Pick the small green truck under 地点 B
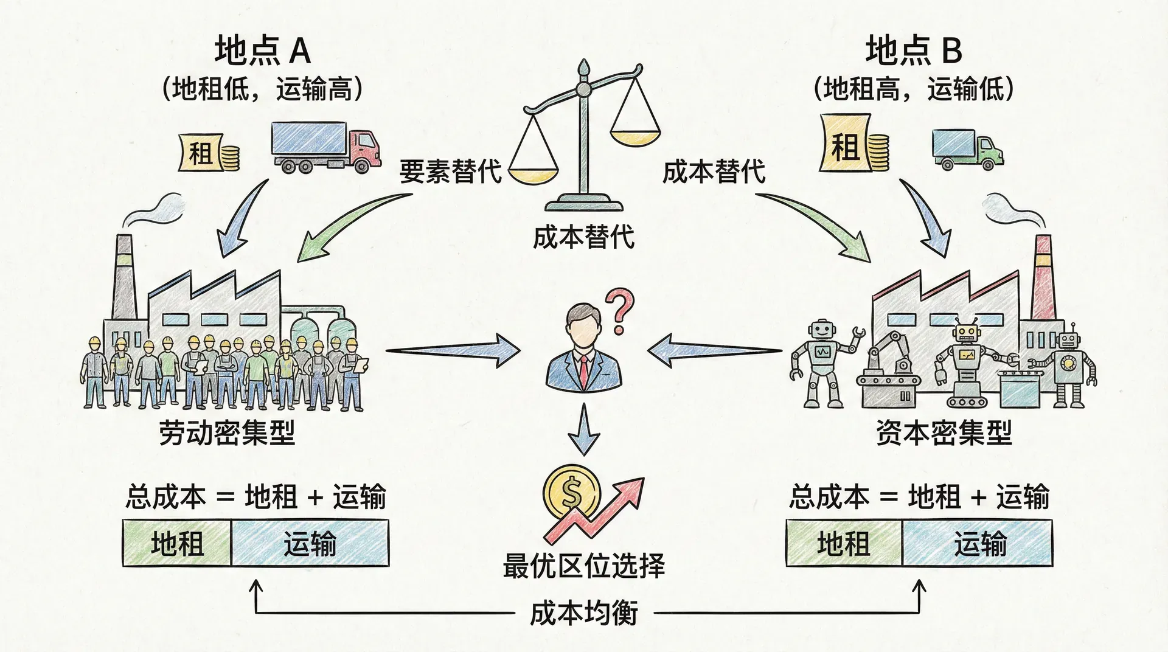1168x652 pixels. (x=967, y=149)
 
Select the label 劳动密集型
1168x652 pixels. (x=227, y=433)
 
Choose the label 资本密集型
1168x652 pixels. (x=944, y=433)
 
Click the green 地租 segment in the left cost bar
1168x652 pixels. (x=177, y=543)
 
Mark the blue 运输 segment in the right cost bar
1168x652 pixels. (x=978, y=543)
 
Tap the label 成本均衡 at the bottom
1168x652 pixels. (x=583, y=612)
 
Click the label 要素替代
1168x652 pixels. (x=450, y=171)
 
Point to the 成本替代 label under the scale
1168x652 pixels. (x=583, y=237)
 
